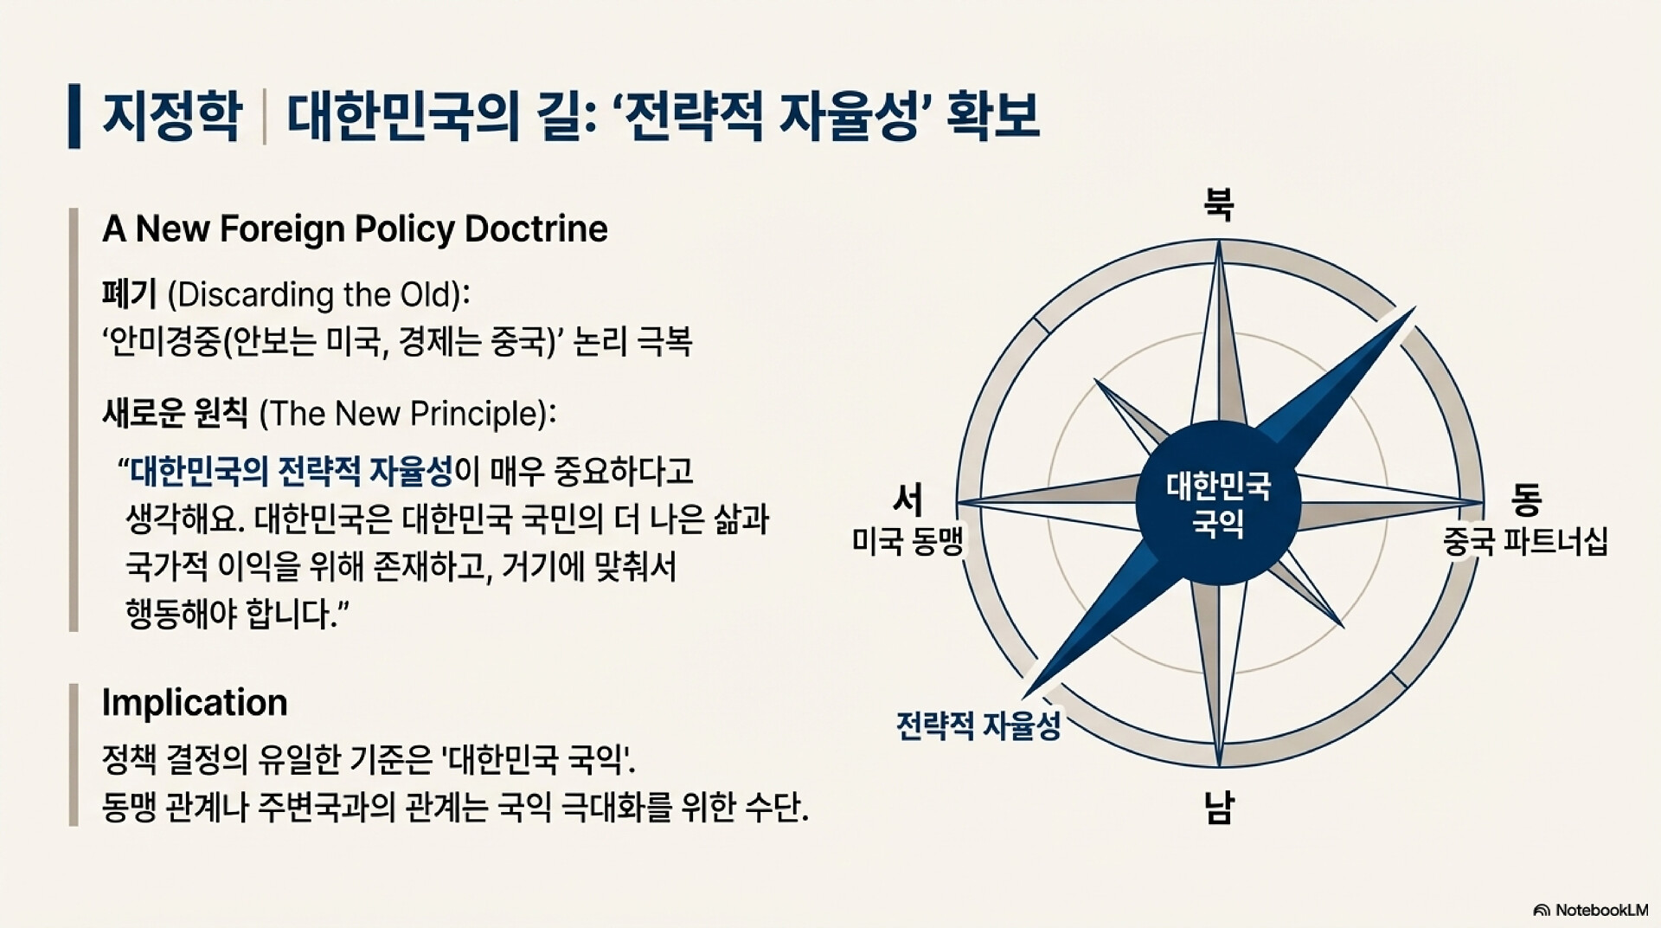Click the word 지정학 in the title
(172, 116)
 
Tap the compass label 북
(1219, 204)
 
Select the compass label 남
(1219, 807)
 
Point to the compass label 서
(907, 499)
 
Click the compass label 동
(1526, 498)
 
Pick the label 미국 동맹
(907, 541)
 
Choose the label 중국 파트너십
(1525, 541)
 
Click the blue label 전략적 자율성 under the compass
(978, 725)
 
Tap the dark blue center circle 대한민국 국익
(1218, 503)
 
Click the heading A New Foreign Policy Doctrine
(355, 229)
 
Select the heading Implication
(195, 702)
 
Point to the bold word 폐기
(129, 294)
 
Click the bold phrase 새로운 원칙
(175, 413)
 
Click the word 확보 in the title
(992, 116)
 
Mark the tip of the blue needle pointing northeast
(1415, 306)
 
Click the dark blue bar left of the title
(74, 116)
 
